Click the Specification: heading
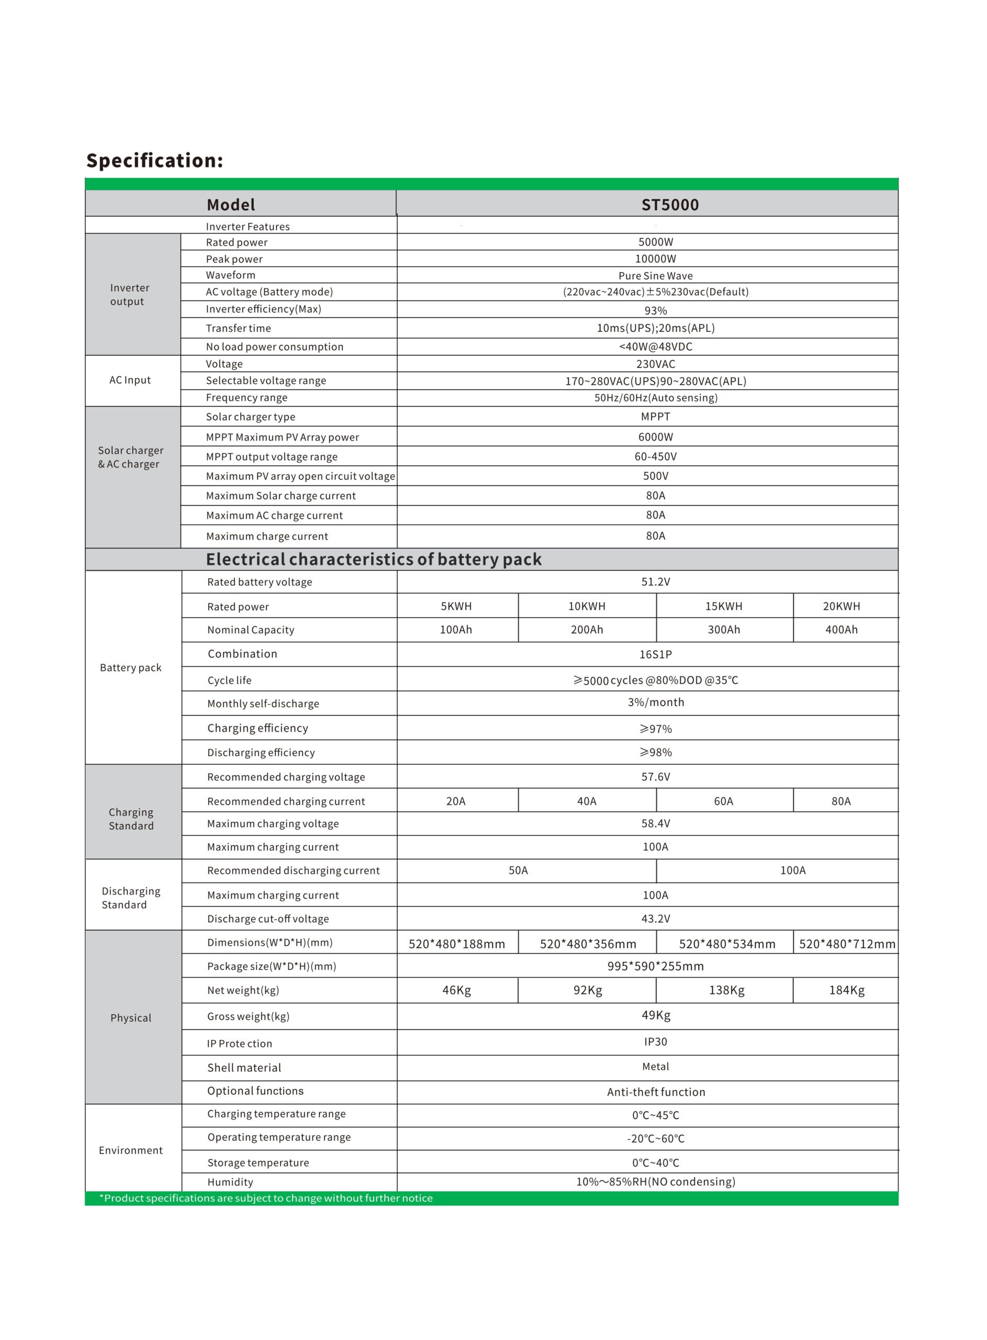point(154,161)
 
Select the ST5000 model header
point(670,205)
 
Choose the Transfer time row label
point(239,328)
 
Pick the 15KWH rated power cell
point(724,606)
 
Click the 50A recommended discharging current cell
point(518,870)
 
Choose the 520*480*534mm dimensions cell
point(726,943)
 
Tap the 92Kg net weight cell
point(587,990)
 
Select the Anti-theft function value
point(656,1091)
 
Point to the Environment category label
point(130,1150)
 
